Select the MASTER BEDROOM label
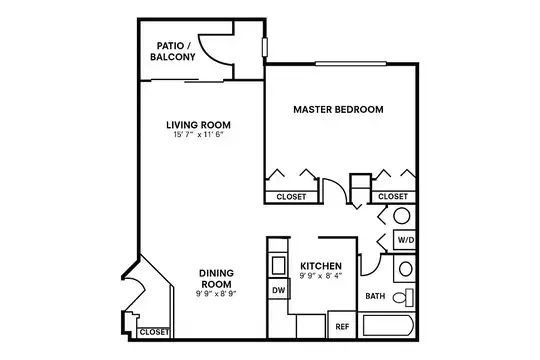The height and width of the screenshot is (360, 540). (338, 109)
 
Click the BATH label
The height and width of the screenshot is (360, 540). (375, 297)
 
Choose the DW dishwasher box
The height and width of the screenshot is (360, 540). (277, 291)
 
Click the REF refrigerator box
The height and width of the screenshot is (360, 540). (341, 326)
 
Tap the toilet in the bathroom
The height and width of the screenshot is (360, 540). (402, 299)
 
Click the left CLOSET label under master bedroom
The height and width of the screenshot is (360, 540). (293, 196)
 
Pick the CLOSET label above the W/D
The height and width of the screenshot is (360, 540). (392, 196)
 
